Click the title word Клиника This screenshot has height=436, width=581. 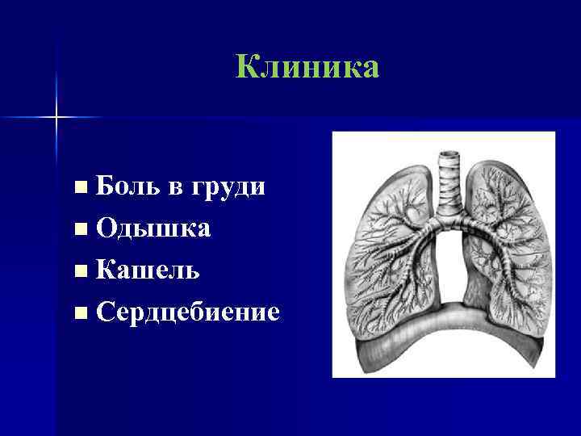coord(307,68)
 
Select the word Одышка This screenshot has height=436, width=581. coord(153,229)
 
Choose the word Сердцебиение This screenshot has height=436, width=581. coord(187,312)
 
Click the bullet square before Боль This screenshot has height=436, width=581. coord(78,188)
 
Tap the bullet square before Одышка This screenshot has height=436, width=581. coord(78,229)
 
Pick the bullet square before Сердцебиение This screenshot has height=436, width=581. coord(78,312)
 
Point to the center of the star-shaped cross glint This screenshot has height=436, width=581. coord(57,118)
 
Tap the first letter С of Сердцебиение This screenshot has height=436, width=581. coord(104,312)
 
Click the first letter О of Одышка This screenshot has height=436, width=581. coord(105,229)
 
